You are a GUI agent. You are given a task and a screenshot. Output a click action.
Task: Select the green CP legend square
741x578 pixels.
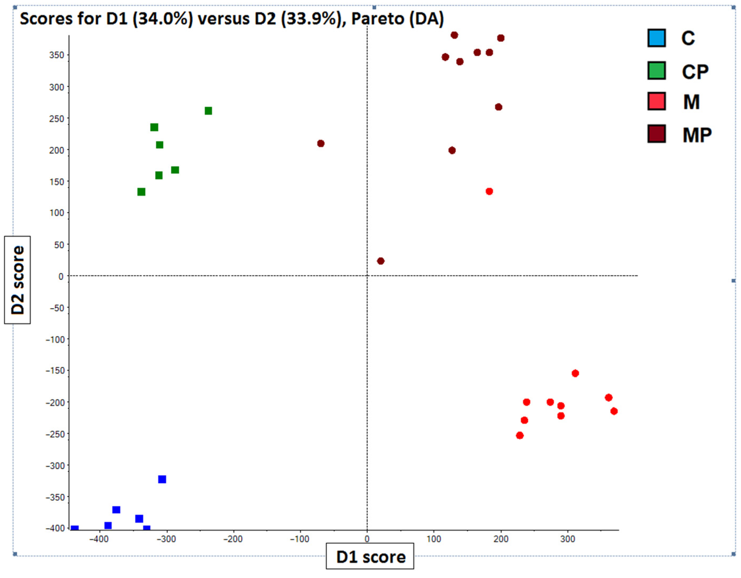[656, 70]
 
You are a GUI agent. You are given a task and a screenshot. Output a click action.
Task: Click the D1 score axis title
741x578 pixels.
[370, 557]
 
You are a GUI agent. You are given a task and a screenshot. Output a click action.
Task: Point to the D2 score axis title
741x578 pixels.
[17, 280]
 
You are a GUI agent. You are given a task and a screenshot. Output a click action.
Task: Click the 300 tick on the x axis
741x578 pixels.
[568, 539]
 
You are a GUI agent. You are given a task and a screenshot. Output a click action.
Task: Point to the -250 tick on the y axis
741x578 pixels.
[55, 434]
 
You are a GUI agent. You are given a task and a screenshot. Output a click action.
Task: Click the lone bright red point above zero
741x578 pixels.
[489, 192]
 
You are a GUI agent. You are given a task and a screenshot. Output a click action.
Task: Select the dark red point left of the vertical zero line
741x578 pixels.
[321, 143]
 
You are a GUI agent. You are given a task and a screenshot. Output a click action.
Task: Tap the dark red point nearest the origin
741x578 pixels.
[381, 261]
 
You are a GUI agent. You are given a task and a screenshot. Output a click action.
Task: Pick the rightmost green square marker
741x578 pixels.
[208, 111]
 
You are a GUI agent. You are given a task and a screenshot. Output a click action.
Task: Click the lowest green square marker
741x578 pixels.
[142, 192]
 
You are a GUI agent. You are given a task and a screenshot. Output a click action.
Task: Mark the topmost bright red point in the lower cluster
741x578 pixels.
[575, 374]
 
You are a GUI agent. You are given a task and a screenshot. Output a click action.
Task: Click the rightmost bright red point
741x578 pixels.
[614, 411]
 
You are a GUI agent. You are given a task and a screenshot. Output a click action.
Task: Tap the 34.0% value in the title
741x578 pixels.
[163, 19]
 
